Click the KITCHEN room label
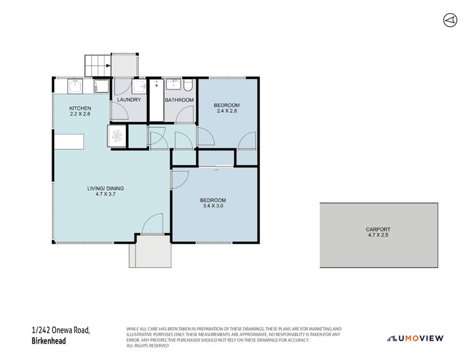point(80,108)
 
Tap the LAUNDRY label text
point(129,100)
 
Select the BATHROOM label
point(179,100)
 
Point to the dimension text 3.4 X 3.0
point(213,206)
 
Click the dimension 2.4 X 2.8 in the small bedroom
point(226,112)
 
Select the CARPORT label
point(378,229)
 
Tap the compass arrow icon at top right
point(449,20)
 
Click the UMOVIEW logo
point(416,338)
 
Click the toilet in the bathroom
point(188,85)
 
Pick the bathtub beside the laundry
point(156,100)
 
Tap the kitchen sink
point(74,86)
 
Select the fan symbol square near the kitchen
point(116,136)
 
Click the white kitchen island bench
point(68,141)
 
